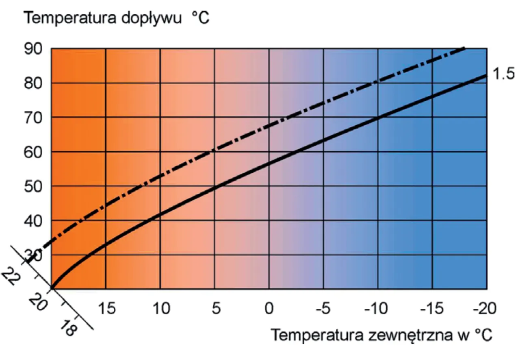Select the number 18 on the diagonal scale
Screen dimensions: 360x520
pyautogui.click(x=69, y=327)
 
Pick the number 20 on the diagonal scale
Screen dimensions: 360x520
pyautogui.click(x=37, y=303)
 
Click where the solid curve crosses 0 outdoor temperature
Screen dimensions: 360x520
pyautogui.click(x=269, y=161)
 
